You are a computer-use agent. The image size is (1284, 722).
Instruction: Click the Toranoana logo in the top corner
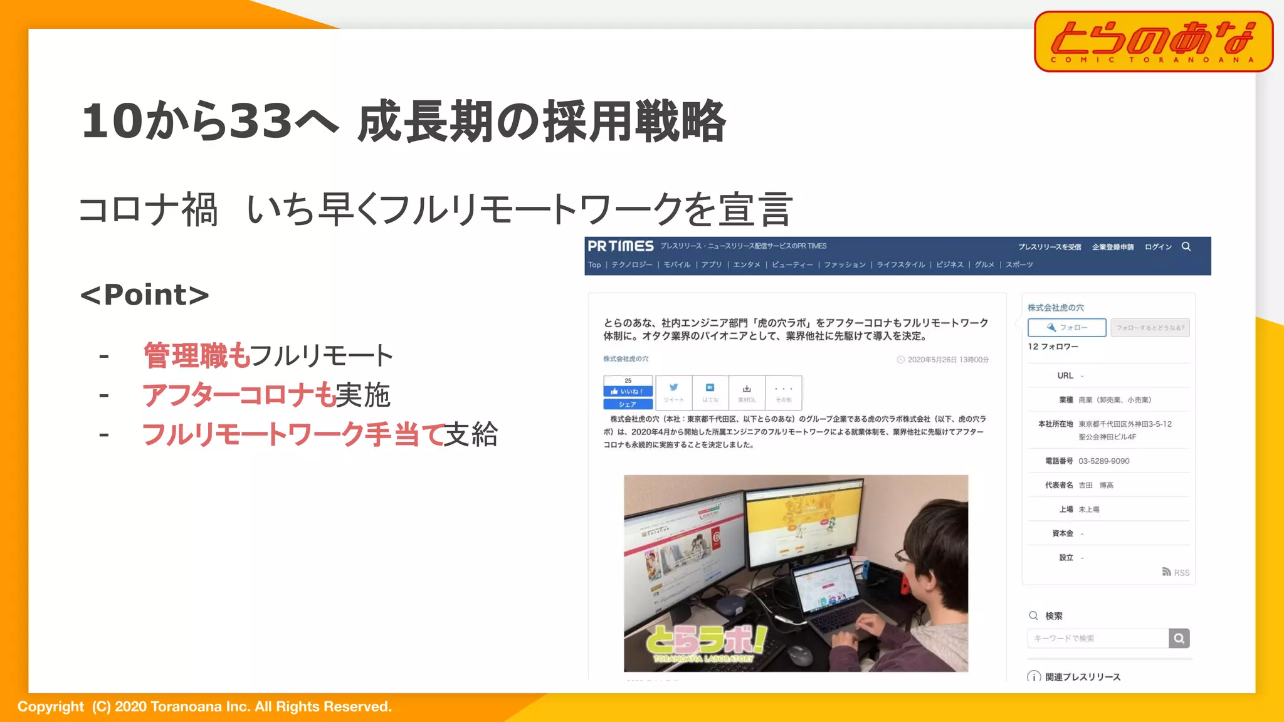(1153, 41)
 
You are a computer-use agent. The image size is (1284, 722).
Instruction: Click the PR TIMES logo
(620, 246)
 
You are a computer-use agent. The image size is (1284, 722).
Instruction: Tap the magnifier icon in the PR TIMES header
(1186, 246)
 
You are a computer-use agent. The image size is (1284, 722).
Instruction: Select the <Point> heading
(145, 295)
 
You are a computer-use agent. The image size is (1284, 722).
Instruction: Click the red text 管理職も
(197, 355)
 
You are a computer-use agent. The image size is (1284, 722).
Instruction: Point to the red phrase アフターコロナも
(239, 395)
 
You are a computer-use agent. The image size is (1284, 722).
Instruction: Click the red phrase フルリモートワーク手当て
(293, 434)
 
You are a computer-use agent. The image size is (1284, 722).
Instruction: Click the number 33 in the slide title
(260, 121)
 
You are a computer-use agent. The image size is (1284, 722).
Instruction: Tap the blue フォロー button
(1066, 327)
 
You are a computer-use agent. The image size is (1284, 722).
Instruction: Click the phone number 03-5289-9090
(1103, 461)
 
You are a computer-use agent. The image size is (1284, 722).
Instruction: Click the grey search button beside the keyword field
(1179, 638)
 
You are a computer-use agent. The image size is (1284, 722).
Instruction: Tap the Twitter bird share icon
(673, 388)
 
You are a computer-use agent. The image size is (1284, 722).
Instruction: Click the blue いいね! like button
(628, 391)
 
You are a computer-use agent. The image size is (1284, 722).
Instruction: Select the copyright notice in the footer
(204, 707)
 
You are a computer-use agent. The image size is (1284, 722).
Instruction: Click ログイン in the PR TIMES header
(1157, 247)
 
